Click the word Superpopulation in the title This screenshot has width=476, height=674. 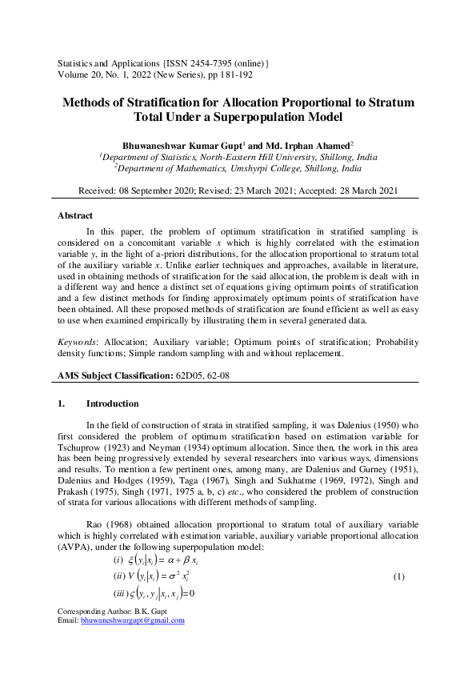[x=274, y=118]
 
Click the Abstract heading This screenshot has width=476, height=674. [x=75, y=215]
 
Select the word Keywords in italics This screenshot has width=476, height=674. [x=78, y=342]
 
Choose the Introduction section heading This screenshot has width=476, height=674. [x=112, y=403]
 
